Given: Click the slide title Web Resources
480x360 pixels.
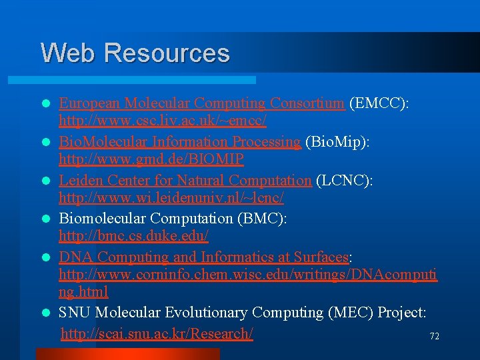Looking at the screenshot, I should pyautogui.click(x=135, y=53).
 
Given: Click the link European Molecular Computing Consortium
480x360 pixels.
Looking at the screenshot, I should pyautogui.click(x=201, y=103).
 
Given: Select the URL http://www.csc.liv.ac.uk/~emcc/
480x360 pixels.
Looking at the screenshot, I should pyautogui.click(x=163, y=121).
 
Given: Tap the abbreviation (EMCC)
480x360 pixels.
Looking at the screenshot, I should pyautogui.click(x=377, y=103).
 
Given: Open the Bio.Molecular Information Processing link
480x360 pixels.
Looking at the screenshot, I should pyautogui.click(x=180, y=142).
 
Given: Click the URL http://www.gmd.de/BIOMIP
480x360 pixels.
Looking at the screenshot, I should pyautogui.click(x=151, y=159).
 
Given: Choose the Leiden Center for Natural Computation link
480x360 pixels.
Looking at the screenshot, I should pyautogui.click(x=185, y=181).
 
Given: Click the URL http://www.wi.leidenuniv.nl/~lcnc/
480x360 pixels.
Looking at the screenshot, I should pyautogui.click(x=171, y=198).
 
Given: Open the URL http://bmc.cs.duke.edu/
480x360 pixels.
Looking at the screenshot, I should pyautogui.click(x=134, y=236).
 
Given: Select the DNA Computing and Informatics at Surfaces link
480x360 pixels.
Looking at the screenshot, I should pyautogui.click(x=204, y=257).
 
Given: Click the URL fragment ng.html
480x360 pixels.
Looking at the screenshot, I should pyautogui.click(x=83, y=292).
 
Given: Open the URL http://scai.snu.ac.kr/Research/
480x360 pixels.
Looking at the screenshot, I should pyautogui.click(x=157, y=333).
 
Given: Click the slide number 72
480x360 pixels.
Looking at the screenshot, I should pyautogui.click(x=434, y=337).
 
